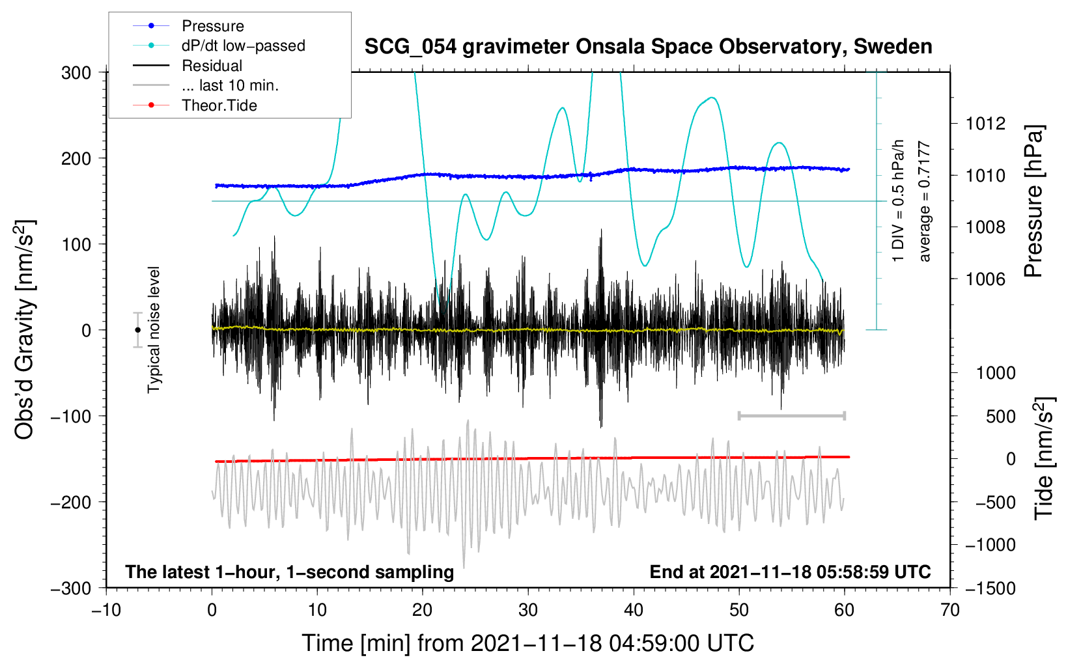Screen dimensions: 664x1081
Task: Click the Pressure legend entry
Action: click(x=212, y=26)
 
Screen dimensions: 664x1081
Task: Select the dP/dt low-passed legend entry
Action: click(x=243, y=46)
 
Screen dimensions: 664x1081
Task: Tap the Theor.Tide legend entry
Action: click(x=219, y=105)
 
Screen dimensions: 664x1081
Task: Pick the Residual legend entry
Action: click(x=212, y=66)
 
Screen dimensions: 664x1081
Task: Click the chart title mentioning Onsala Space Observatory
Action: click(x=648, y=47)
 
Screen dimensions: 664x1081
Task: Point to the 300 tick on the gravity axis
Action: click(x=76, y=73)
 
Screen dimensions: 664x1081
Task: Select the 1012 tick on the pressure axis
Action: click(x=985, y=124)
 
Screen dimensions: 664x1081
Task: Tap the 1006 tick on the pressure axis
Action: click(x=985, y=279)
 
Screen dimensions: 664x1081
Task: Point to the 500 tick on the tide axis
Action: click(x=1000, y=417)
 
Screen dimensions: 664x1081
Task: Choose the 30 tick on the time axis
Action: click(x=528, y=610)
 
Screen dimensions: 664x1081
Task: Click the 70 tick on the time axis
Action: click(x=950, y=610)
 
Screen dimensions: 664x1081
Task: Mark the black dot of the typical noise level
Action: click(x=137, y=330)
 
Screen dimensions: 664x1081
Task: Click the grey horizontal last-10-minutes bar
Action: click(x=791, y=415)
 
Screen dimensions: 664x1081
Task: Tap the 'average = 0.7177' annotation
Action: click(x=925, y=202)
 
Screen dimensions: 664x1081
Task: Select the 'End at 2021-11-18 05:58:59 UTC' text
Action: click(x=790, y=572)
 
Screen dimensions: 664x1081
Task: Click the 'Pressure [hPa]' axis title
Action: click(x=1034, y=202)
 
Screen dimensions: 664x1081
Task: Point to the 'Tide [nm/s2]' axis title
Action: click(x=1045, y=459)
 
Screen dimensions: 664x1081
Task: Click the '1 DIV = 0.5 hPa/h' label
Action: click(x=899, y=201)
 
